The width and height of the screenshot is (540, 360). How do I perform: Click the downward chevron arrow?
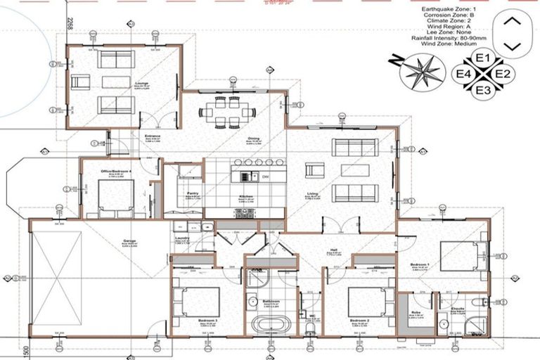click(x=513, y=46)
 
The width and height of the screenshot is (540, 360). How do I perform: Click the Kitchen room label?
click(x=246, y=199)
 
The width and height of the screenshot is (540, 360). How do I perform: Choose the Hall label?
click(x=335, y=257)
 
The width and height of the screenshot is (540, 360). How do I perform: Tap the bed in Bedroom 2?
click(x=366, y=302)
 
